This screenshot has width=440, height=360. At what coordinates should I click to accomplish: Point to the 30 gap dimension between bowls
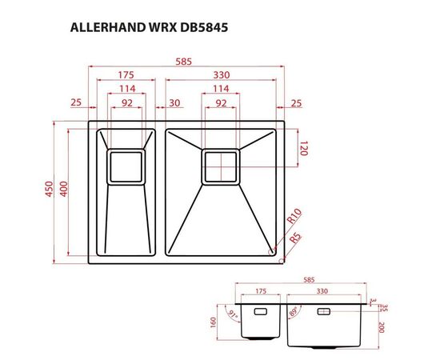pos(174,102)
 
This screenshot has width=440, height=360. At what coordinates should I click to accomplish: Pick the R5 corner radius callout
pos(294,238)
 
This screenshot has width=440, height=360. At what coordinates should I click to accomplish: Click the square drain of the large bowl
pos(220,166)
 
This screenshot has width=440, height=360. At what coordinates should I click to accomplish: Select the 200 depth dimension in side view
pos(382,327)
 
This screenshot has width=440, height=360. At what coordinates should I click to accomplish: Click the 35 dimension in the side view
pos(382,307)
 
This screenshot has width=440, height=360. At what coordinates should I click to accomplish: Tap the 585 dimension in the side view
pos(309,281)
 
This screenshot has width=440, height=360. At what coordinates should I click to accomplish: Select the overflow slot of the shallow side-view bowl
pos(261,311)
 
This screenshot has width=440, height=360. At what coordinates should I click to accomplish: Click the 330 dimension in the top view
pos(221,74)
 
